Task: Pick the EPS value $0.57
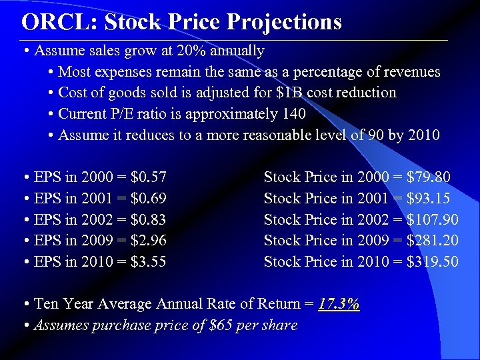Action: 149,177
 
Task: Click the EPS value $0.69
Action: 149,199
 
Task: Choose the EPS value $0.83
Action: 149,219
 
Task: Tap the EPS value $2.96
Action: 149,241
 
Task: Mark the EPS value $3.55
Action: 149,261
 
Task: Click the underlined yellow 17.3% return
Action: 339,304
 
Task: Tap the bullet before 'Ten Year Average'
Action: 25,304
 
